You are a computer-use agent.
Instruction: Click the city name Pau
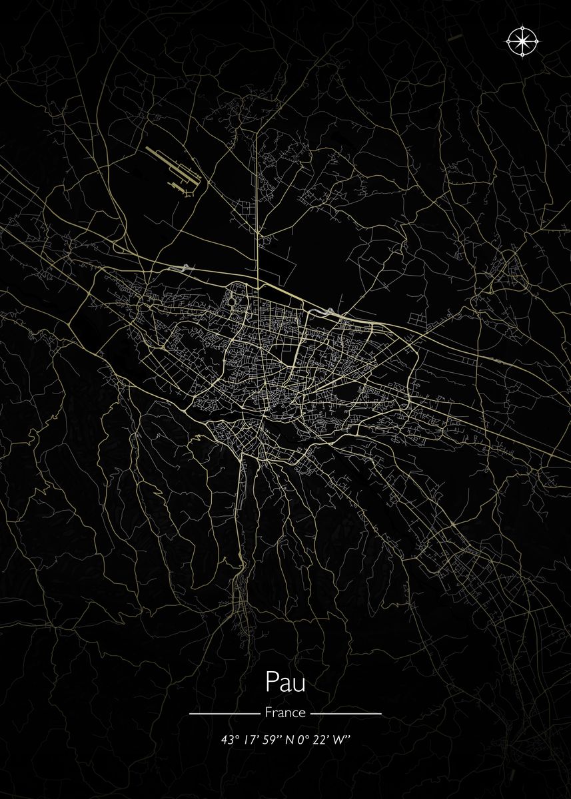[285, 682]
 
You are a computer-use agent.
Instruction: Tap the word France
[285, 712]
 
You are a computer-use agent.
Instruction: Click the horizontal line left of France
[224, 713]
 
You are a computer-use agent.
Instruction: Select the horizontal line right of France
[346, 713]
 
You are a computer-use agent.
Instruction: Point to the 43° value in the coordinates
[230, 740]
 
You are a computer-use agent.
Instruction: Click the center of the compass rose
[523, 42]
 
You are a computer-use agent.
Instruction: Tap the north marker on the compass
[523, 29]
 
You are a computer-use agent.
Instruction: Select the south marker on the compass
[523, 55]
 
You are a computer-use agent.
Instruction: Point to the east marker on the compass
[537, 42]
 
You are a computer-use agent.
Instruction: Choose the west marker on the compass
[509, 42]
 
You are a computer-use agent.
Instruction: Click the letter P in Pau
[272, 682]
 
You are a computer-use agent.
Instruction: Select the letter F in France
[268, 712]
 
